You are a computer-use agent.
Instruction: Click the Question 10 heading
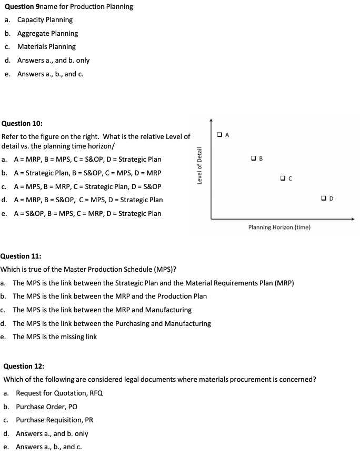pos(22,123)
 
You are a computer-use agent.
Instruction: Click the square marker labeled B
pos(254,157)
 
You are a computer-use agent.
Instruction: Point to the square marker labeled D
pos(324,198)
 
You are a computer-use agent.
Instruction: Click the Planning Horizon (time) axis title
pos(279,227)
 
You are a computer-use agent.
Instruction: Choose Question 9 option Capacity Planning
pos(45,20)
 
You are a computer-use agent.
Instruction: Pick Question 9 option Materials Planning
pos(46,47)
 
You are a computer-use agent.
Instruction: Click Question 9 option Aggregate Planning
pos(47,33)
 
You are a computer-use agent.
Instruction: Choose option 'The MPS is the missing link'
pos(55,337)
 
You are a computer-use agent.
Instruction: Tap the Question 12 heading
pos(24,366)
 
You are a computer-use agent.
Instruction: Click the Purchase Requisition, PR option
pos(55,420)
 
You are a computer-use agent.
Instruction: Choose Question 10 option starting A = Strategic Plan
pos(87,173)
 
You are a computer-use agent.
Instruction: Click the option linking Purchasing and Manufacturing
pos(112,323)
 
